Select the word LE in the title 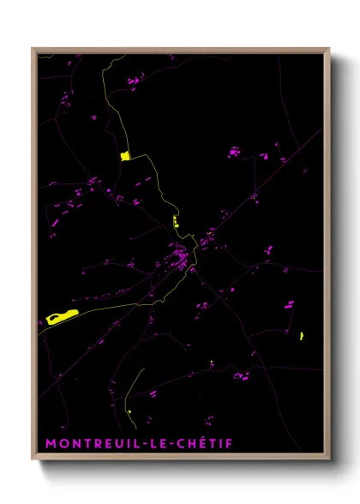[151, 444]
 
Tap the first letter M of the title [51, 444]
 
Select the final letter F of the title [229, 444]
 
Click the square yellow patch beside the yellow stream [125, 155]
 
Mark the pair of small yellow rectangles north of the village [175, 221]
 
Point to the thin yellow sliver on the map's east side [302, 335]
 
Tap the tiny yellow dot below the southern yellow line [129, 412]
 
